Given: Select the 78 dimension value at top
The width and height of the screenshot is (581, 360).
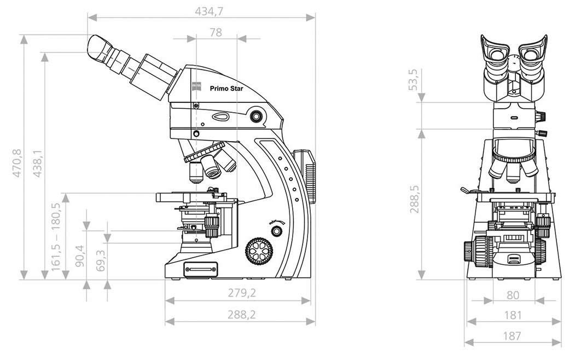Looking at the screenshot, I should click(x=216, y=32).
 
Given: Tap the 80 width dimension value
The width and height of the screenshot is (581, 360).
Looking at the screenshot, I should click(x=513, y=295).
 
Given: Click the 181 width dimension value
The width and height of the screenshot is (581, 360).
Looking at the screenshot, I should click(x=513, y=315).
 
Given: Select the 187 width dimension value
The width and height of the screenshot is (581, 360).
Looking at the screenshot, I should click(x=513, y=336).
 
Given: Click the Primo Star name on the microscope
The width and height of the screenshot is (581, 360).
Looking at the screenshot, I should click(x=226, y=88).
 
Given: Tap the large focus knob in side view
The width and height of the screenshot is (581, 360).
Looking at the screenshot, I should click(x=258, y=252).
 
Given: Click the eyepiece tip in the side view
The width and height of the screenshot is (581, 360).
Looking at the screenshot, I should click(x=96, y=49).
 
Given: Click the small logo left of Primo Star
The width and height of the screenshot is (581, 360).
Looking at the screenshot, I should click(x=196, y=87).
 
